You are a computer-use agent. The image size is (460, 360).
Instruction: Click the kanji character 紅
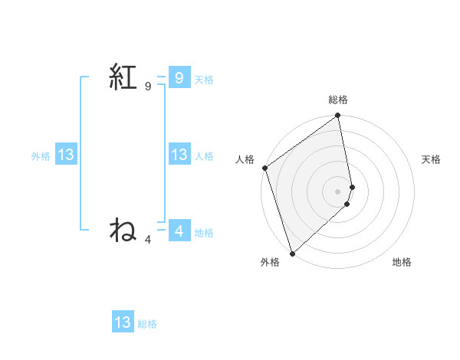[123, 78]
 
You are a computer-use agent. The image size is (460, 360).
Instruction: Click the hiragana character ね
[123, 230]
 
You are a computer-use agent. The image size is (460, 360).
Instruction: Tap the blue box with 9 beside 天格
[179, 78]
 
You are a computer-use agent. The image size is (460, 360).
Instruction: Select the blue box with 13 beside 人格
[179, 155]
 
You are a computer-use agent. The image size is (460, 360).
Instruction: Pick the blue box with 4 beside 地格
[179, 231]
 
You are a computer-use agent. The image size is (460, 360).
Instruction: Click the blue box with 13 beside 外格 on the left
[66, 155]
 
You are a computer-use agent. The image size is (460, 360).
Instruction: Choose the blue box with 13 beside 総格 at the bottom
[123, 322]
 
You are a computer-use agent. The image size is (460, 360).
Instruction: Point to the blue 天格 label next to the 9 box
[204, 80]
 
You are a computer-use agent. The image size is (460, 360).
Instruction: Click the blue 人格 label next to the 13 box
[204, 156]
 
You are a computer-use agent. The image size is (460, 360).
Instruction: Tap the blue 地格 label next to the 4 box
[204, 233]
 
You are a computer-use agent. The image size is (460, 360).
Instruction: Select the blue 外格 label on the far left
[41, 156]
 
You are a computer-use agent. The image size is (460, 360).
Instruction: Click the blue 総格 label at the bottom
[147, 324]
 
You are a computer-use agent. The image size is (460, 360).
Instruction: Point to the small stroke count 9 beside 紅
[148, 87]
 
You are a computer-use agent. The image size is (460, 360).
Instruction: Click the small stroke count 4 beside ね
[148, 240]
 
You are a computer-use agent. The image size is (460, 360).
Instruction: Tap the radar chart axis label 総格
[338, 100]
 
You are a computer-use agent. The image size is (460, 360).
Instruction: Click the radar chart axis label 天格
[432, 159]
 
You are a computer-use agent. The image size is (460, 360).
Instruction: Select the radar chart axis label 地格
[402, 262]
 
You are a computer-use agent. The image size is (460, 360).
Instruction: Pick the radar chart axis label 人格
[245, 159]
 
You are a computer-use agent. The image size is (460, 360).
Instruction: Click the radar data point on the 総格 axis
[338, 116]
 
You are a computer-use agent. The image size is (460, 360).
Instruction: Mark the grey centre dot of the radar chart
[338, 191]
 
